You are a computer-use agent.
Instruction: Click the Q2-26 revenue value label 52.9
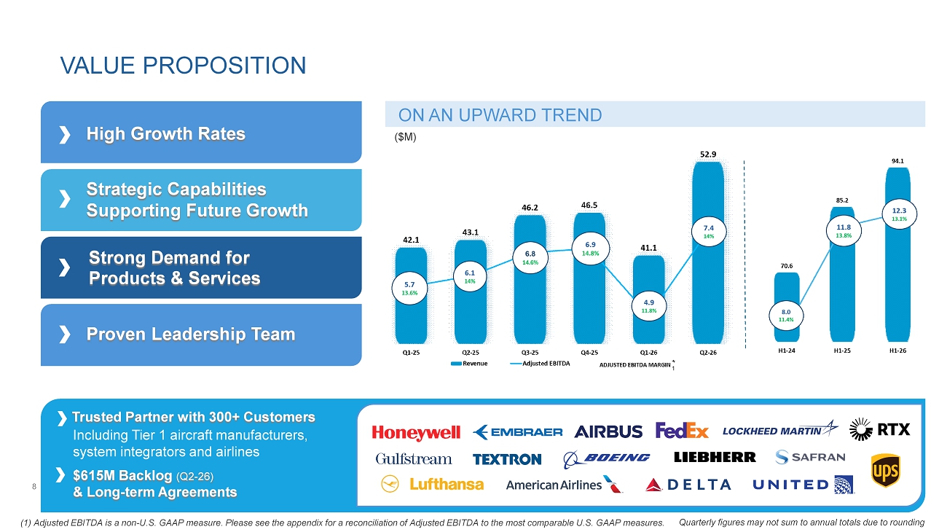[708, 154]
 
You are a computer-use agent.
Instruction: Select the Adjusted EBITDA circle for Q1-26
[649, 306]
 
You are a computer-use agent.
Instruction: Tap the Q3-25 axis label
[530, 352]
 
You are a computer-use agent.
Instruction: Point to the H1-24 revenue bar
[787, 308]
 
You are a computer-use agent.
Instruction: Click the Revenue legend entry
[469, 363]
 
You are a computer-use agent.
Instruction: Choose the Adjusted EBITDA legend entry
[540, 363]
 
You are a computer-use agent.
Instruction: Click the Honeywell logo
[416, 432]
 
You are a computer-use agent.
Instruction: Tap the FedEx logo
[682, 431]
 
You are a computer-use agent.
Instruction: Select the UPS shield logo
[885, 470]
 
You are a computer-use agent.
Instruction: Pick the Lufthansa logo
[432, 484]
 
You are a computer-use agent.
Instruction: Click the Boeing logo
[606, 459]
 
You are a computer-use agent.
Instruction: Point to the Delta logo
[688, 485]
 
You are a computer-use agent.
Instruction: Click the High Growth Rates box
[201, 132]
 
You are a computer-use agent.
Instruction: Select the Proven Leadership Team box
[201, 335]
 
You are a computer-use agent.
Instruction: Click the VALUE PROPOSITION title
[183, 66]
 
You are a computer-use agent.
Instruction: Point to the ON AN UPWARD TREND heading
[500, 115]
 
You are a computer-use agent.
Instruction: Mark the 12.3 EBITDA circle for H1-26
[899, 214]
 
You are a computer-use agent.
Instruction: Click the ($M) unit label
[405, 137]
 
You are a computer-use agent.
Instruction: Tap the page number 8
[34, 487]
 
